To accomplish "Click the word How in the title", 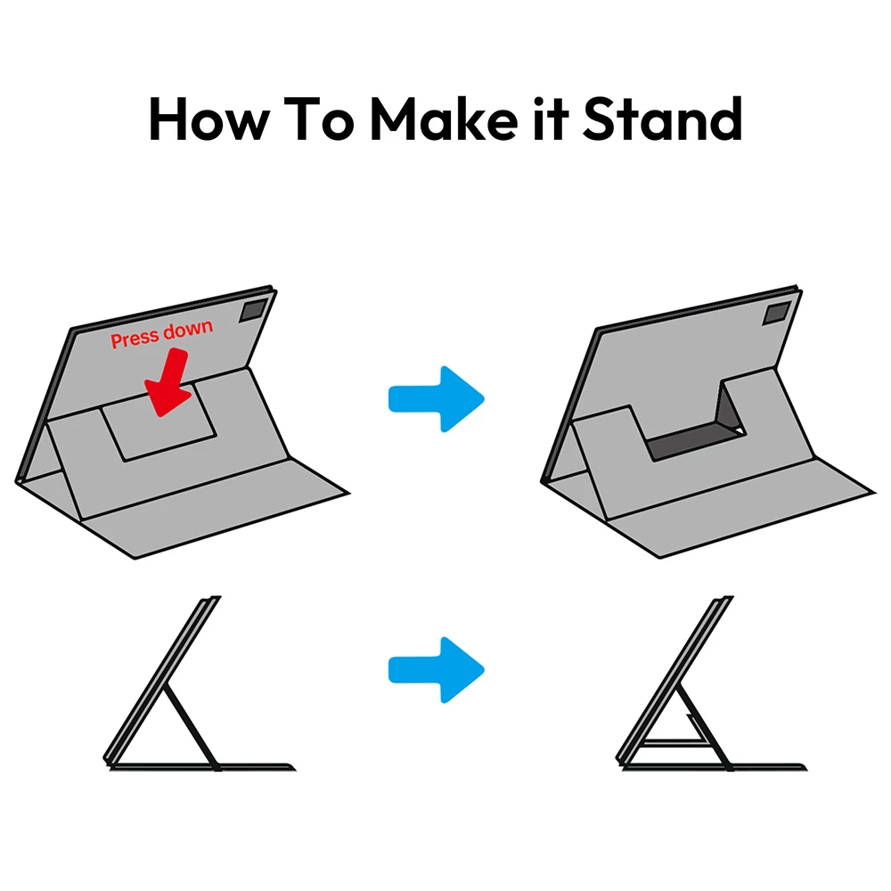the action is [208, 119].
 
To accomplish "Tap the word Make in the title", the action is [444, 119].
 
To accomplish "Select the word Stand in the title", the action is [663, 119].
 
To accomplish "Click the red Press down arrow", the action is [168, 382].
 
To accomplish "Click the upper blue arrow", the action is [437, 399].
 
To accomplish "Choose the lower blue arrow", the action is [437, 670].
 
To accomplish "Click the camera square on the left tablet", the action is [253, 311].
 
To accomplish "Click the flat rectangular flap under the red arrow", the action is [159, 423].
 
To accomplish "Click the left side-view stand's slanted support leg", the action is [192, 728].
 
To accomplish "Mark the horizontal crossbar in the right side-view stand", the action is [674, 741].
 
